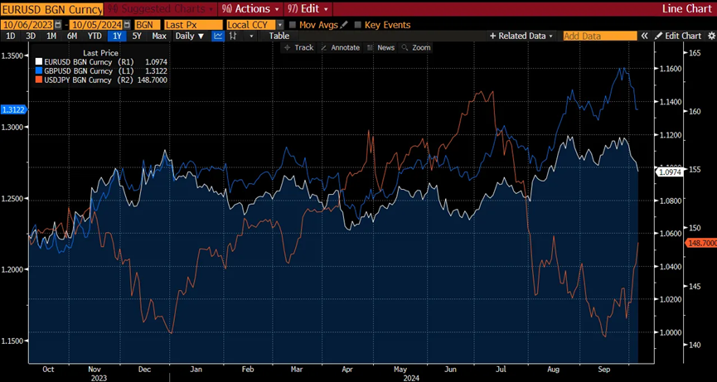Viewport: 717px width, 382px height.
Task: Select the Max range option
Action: click(x=159, y=36)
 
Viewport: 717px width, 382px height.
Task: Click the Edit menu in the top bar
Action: click(x=310, y=9)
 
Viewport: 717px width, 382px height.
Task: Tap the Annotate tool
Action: click(x=341, y=48)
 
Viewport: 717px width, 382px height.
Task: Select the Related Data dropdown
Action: click(x=521, y=36)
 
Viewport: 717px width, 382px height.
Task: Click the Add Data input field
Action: click(x=599, y=36)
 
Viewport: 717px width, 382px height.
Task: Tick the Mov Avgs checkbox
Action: click(x=293, y=25)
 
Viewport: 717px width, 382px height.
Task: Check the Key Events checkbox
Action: click(x=358, y=25)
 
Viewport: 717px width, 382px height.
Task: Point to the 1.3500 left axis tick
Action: click(x=14, y=56)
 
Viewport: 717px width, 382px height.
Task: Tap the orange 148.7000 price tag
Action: click(x=700, y=242)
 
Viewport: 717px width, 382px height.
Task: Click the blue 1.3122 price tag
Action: click(x=13, y=109)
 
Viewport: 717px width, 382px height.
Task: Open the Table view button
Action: click(x=279, y=36)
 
